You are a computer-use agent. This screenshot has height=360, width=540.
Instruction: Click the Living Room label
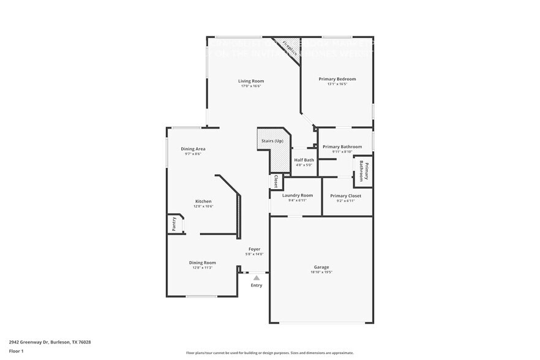pos(251,81)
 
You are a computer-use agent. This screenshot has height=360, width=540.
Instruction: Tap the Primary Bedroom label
pos(337,79)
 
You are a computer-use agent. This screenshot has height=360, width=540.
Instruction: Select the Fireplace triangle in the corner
pos(289,48)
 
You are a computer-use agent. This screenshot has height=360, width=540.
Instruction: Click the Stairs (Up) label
pos(272,141)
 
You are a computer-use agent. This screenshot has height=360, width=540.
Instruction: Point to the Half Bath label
pos(304,160)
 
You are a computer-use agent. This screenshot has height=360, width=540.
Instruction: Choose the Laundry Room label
pos(297,195)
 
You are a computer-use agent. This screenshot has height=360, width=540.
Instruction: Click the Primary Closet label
pos(345,196)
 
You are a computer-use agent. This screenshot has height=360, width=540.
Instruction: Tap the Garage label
pos(321,267)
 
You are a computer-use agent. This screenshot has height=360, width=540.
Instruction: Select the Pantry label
pos(174,225)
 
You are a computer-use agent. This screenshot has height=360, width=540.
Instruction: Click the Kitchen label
pos(203,201)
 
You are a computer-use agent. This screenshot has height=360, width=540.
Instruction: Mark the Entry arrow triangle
pos(257,278)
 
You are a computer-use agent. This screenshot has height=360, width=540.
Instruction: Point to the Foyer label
pos(254,249)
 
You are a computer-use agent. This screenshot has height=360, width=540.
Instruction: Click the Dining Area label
pos(193,149)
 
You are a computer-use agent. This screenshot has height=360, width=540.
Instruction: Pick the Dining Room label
pos(202,263)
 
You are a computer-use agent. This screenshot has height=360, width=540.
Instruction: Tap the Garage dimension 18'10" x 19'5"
pos(321,272)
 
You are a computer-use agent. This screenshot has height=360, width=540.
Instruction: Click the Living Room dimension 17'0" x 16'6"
pos(251,86)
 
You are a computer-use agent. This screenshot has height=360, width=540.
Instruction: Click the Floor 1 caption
pos(17,351)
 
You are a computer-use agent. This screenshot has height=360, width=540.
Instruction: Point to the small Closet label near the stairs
pos(276,181)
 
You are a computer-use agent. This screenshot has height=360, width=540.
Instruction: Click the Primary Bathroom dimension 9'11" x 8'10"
pos(342,152)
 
